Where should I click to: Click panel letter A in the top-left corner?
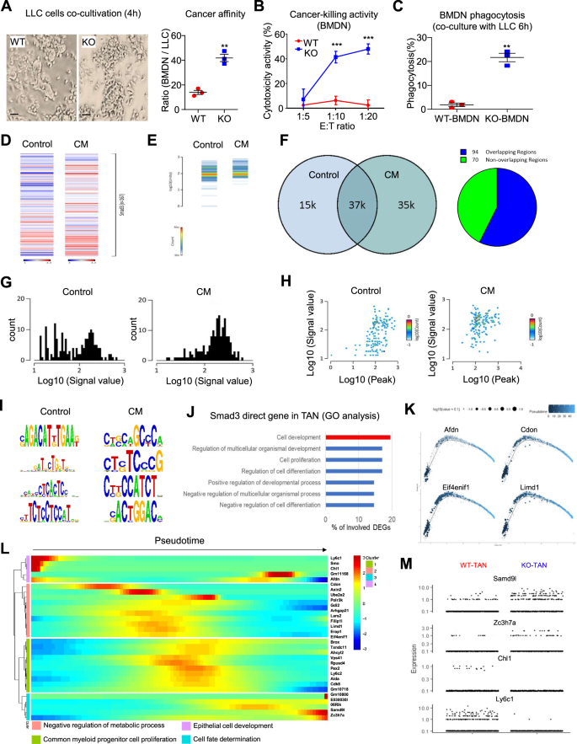(x=7, y=8)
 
